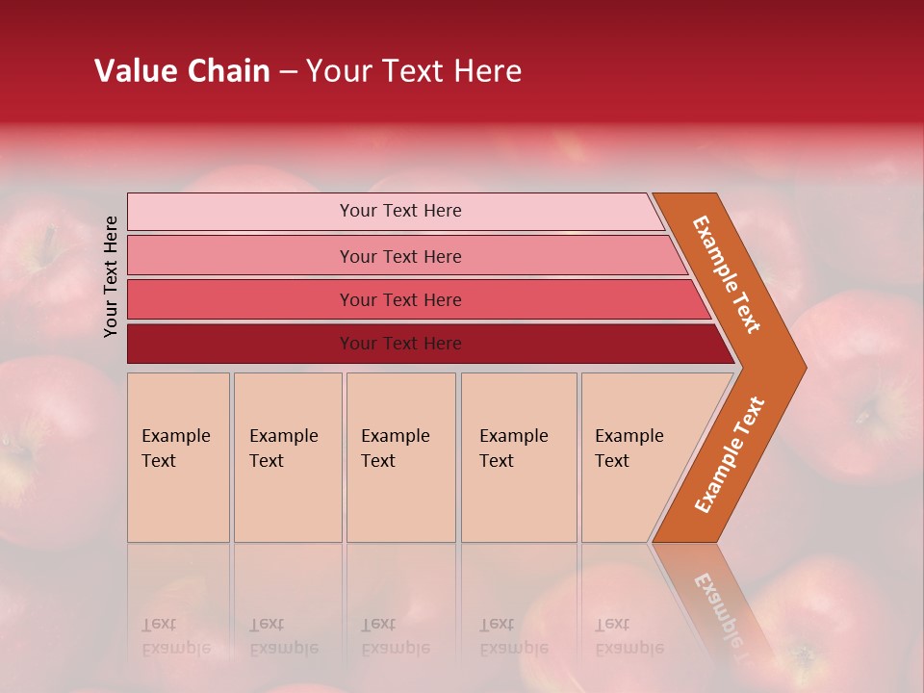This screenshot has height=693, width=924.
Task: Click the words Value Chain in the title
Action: tap(182, 71)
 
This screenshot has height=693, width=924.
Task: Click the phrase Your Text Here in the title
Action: tap(414, 71)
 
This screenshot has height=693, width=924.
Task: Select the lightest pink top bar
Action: tap(241, 212)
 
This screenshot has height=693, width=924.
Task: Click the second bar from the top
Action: tap(241, 256)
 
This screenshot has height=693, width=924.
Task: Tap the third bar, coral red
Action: tap(241, 299)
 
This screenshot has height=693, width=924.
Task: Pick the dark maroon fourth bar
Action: tap(241, 344)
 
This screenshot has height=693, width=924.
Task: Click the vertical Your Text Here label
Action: tap(112, 276)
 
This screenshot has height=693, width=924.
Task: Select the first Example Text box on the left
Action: tap(178, 457)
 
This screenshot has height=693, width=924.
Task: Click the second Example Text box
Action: tap(288, 457)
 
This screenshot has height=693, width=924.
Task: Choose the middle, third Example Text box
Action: tap(400, 457)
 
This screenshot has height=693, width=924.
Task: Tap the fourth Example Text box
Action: tap(519, 457)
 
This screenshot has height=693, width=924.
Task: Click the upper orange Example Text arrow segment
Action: tap(728, 275)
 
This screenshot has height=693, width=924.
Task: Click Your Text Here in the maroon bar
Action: tap(400, 344)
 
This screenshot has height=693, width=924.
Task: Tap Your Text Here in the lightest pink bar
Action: tap(400, 211)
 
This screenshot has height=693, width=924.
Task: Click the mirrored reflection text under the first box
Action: tap(175, 636)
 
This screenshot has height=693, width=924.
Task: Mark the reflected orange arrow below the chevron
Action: tap(717, 597)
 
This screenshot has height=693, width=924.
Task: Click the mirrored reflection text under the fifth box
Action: tap(629, 636)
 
